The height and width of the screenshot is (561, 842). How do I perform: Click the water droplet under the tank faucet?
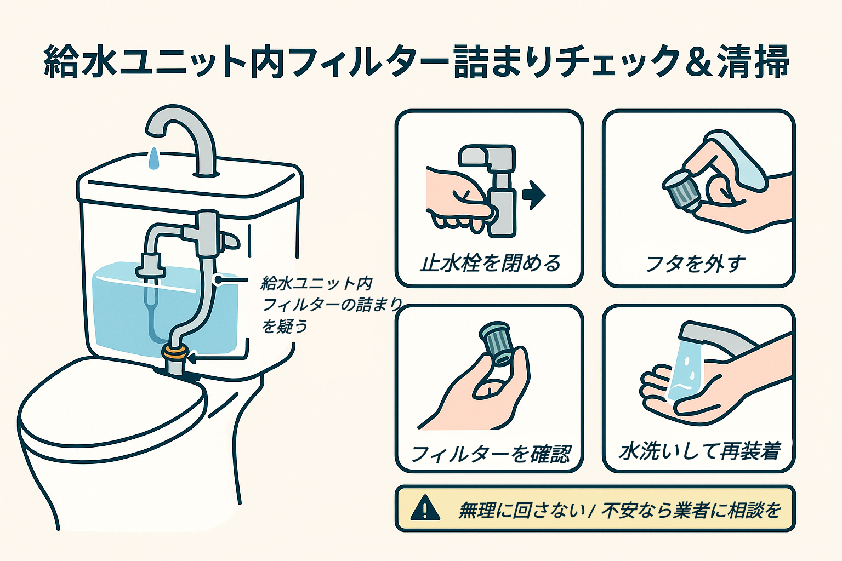pos(155,158)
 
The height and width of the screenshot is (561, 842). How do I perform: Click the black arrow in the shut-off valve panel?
pos(533,195)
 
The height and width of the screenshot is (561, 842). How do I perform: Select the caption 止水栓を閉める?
pos(490,264)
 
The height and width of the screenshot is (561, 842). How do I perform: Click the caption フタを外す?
pos(696,264)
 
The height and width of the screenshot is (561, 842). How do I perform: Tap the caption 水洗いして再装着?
pos(699,451)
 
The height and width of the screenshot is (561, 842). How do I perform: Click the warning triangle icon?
pos(425,508)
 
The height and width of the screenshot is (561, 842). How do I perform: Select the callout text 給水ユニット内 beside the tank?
pos(317,283)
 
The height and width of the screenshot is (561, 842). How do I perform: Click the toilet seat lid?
pos(110,405)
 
